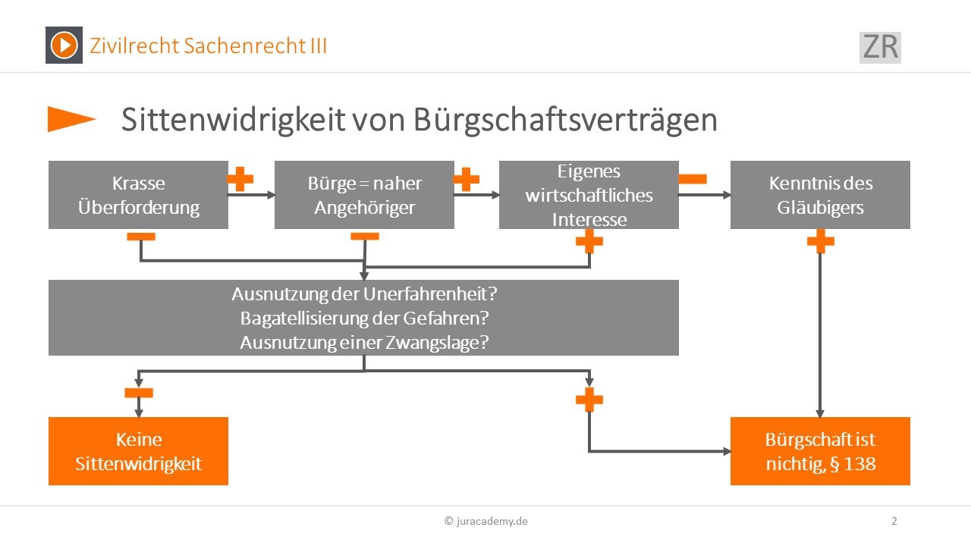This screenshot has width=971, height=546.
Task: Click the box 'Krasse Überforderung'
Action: [138, 195]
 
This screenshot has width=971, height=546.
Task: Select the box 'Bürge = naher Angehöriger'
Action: [364, 195]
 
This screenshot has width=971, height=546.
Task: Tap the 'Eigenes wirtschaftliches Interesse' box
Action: [589, 195]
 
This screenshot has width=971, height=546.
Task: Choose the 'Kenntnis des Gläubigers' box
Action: [820, 195]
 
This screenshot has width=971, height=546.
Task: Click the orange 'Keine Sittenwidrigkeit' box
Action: [138, 451]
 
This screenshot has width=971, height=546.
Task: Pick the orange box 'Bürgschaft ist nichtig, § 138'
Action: [820, 451]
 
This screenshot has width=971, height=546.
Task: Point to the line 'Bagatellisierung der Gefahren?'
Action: [364, 318]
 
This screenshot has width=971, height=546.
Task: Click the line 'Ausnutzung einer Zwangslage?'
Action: [364, 343]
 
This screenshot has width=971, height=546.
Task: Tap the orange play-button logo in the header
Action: [64, 45]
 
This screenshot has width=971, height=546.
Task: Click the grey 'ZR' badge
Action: [880, 48]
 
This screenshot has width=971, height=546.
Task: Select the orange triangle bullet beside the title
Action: [71, 119]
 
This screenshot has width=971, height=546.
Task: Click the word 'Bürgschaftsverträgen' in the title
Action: [565, 120]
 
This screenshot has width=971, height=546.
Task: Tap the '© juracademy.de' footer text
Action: [486, 521]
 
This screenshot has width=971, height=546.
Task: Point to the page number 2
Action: [894, 521]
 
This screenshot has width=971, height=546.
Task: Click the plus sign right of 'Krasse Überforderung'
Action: [240, 179]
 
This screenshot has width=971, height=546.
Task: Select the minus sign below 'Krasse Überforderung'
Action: [141, 237]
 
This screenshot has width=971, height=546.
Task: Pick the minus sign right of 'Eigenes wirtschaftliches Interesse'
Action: [693, 179]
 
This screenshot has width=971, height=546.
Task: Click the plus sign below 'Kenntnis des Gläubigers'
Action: [821, 241]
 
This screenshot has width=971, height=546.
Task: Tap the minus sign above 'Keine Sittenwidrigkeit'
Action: [139, 393]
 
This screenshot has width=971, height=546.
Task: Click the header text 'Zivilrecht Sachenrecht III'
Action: [208, 46]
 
